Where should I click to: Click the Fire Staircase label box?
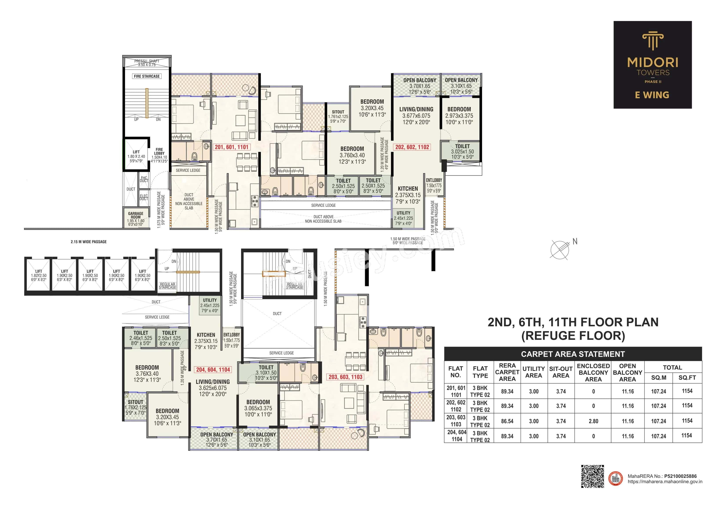coord(147,76)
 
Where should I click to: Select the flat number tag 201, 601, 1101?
coord(231,147)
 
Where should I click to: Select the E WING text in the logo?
coord(652,95)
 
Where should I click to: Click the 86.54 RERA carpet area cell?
coord(507,421)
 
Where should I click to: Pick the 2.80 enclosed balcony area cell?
coord(593,421)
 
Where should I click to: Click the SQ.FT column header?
coord(687,378)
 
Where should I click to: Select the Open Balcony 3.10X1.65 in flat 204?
coord(259,440)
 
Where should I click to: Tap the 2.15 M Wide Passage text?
coord(89,242)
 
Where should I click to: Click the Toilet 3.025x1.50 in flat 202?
coord(462,151)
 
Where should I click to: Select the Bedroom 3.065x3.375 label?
coord(258,408)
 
